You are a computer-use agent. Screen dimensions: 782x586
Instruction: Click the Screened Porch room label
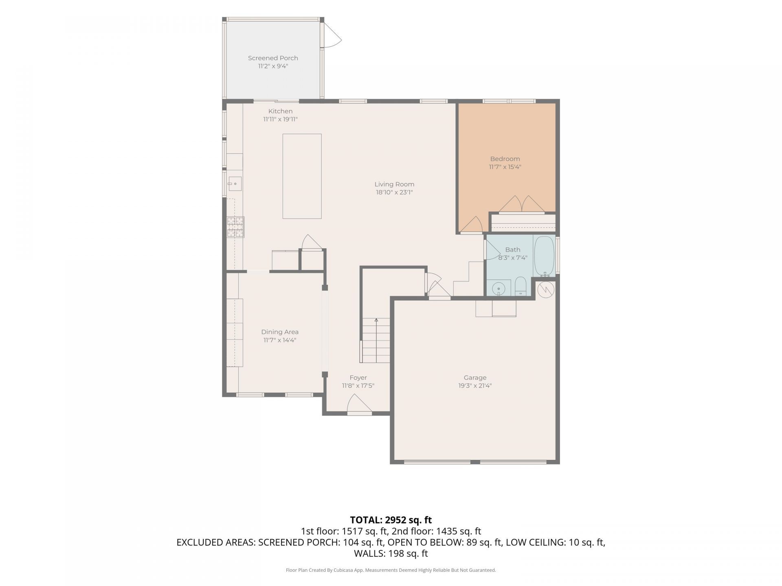click(x=273, y=58)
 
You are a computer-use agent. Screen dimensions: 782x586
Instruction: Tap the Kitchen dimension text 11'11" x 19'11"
click(x=280, y=119)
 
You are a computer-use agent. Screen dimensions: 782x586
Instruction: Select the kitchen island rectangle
click(x=302, y=176)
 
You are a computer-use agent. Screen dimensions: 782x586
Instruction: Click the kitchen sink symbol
click(x=235, y=184)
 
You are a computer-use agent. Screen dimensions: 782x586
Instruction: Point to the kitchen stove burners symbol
click(x=235, y=227)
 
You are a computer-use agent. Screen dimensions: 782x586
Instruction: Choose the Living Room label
click(x=394, y=184)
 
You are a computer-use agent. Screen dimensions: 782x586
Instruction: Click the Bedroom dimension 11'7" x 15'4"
click(x=505, y=167)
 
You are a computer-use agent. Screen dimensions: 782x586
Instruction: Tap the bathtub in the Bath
click(x=544, y=256)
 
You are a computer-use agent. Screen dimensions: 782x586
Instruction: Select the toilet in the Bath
click(x=521, y=286)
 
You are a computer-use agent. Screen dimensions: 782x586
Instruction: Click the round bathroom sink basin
click(x=498, y=289)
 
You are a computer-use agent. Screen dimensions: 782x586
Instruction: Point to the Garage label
click(x=475, y=378)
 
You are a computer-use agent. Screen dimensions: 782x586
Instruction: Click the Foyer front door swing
click(x=359, y=404)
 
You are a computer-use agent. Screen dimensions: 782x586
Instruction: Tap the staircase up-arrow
click(x=376, y=320)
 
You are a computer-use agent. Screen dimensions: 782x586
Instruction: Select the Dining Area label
click(x=280, y=332)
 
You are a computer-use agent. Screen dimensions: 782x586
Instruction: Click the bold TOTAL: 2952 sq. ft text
click(x=391, y=520)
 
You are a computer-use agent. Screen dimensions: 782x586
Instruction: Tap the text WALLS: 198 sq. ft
click(x=391, y=553)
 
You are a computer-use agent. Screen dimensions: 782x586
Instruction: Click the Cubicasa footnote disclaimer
click(x=391, y=570)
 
